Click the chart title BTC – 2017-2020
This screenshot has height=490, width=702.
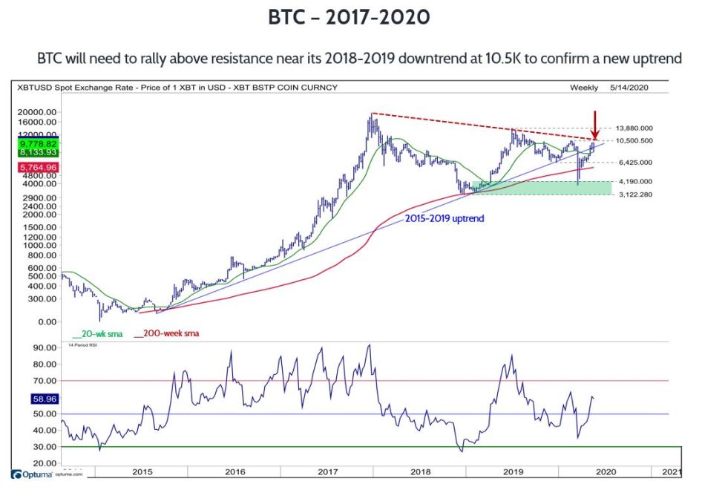(350, 17)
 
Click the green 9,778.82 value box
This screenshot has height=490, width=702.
(38, 143)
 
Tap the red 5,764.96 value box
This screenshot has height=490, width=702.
(38, 168)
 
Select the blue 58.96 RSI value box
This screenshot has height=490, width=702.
(38, 399)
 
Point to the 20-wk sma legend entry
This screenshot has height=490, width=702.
(96, 334)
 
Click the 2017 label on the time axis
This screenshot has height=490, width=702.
(327, 471)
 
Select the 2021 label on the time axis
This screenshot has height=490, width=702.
(671, 471)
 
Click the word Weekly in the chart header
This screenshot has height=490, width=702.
(584, 88)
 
